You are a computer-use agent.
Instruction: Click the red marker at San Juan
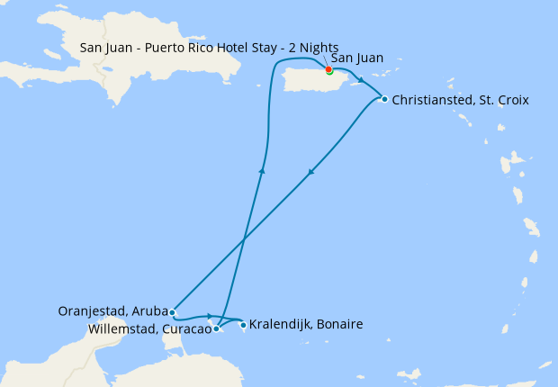[x=328, y=69]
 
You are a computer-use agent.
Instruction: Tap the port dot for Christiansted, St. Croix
[x=384, y=99]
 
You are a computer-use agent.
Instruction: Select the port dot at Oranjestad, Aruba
[x=172, y=312]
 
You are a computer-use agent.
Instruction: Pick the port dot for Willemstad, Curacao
[x=216, y=328]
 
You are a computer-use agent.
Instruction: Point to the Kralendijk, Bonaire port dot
[x=243, y=325]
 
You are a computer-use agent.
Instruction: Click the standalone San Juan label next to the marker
[x=357, y=58]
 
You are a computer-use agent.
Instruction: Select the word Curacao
[x=186, y=329]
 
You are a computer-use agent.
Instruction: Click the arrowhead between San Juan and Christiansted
[x=361, y=78]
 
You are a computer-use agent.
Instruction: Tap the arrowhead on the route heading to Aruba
[x=310, y=173]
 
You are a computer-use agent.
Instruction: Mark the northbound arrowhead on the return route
[x=262, y=168]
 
